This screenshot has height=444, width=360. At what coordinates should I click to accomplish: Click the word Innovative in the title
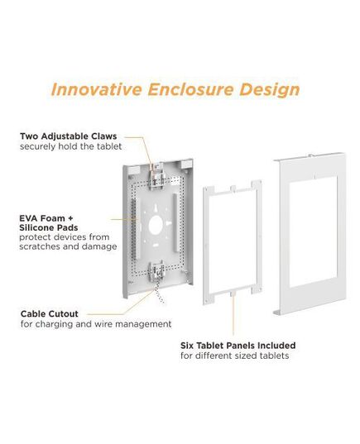click(96, 89)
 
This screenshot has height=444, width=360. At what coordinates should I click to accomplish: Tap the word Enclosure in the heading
click(190, 89)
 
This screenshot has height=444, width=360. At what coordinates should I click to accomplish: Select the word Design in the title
click(269, 90)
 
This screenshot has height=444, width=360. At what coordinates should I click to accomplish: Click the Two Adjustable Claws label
click(69, 136)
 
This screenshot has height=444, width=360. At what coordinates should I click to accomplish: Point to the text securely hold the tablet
click(71, 146)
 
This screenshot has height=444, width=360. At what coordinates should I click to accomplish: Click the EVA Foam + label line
click(46, 218)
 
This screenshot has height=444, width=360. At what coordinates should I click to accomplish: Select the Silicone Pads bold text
click(49, 227)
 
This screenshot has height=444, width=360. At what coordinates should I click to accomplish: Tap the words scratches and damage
click(68, 246)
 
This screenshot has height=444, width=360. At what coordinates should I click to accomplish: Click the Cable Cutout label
click(50, 313)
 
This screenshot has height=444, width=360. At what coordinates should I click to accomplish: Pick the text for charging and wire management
click(96, 324)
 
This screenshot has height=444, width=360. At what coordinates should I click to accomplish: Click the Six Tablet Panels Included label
click(238, 346)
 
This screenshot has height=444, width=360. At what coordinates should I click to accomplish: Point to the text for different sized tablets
click(235, 356)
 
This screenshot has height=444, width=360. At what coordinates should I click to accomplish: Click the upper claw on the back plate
click(156, 176)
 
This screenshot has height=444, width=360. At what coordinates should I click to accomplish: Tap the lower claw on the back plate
click(156, 272)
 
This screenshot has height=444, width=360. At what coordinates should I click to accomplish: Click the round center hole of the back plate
click(156, 225)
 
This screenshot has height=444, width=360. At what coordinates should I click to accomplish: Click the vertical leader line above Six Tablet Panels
click(233, 313)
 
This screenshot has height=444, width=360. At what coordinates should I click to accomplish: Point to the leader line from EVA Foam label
click(124, 219)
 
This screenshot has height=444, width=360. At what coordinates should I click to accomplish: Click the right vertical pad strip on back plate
click(175, 222)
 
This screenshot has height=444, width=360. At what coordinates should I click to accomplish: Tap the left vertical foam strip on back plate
click(133, 228)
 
